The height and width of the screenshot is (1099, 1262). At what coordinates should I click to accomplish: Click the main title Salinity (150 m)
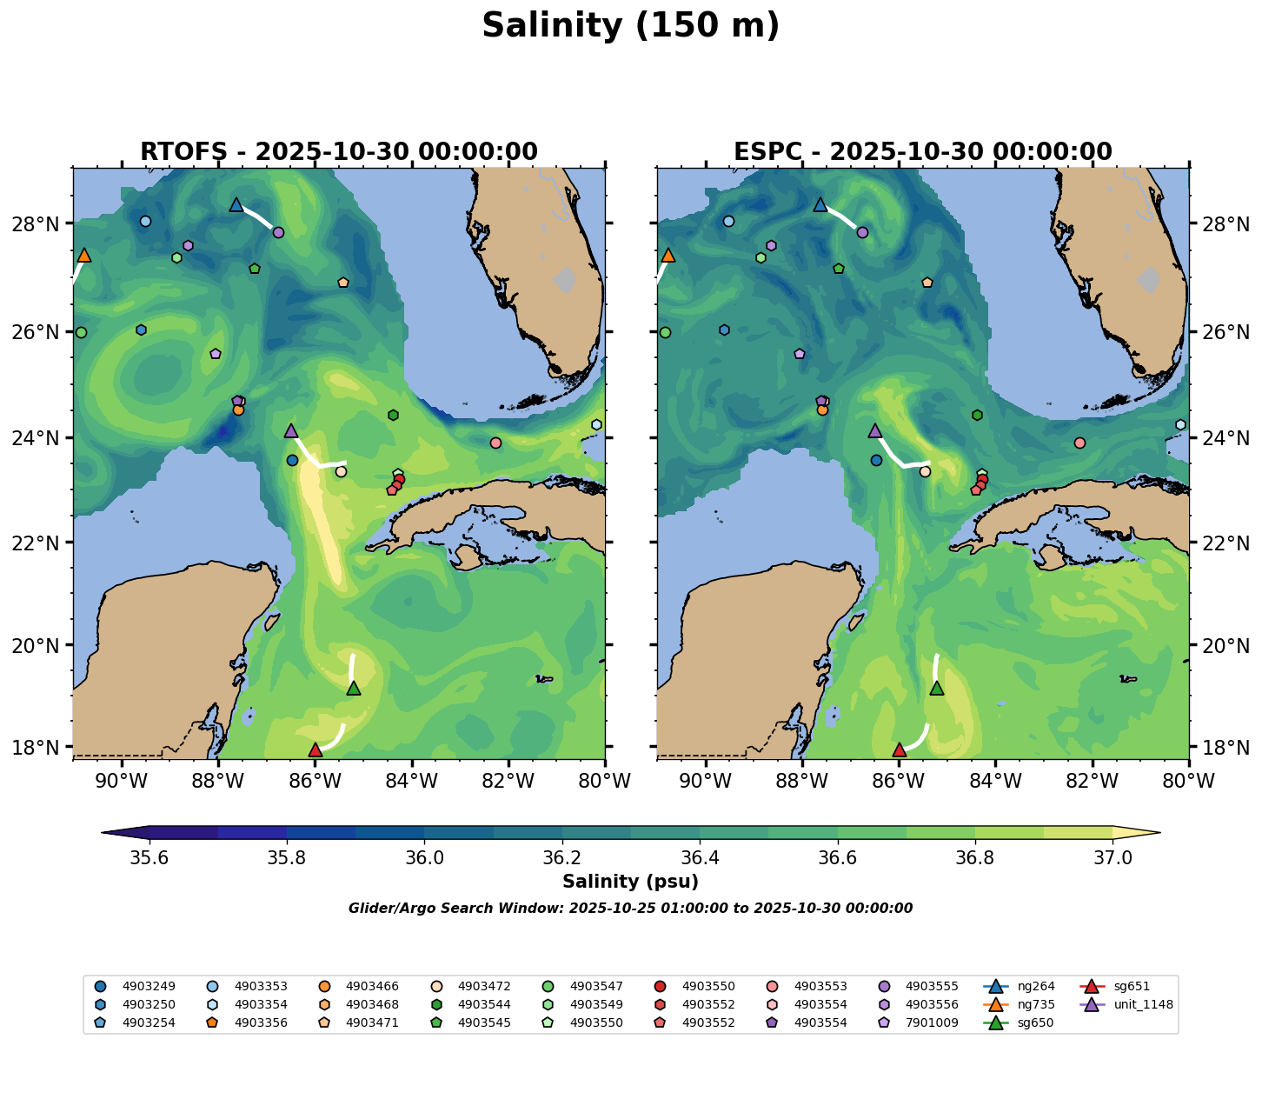(630, 26)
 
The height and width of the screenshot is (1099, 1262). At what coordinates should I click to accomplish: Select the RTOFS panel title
(339, 152)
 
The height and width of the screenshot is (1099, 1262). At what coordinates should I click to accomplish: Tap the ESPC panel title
(922, 152)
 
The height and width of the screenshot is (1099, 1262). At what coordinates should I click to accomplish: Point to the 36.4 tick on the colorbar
(700, 857)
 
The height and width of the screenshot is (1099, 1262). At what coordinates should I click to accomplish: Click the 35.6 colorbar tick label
(149, 857)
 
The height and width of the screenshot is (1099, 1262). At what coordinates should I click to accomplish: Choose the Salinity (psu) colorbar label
(630, 882)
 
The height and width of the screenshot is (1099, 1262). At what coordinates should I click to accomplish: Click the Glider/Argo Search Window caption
(630, 909)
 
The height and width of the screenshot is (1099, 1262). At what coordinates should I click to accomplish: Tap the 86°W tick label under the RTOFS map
(315, 782)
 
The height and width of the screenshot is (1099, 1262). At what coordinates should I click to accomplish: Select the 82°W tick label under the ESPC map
(1092, 782)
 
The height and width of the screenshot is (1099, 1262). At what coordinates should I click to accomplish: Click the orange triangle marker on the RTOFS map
(83, 255)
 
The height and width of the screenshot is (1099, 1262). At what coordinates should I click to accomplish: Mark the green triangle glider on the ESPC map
(937, 688)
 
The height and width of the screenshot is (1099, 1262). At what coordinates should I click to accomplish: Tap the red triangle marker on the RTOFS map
(315, 749)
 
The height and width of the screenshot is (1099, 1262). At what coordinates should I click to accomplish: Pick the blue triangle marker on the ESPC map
(820, 205)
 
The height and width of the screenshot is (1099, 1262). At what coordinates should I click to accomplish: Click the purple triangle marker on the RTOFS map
(291, 430)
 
